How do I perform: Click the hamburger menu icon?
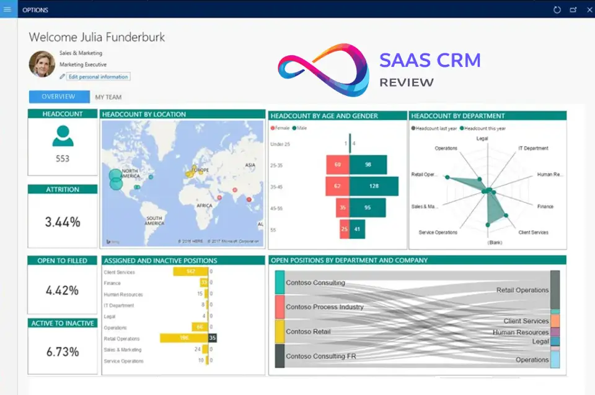click(x=7, y=9)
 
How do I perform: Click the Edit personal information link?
click(x=98, y=77)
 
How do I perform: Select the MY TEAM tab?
click(x=108, y=97)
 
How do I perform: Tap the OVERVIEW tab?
click(x=58, y=97)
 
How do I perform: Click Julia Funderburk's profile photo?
click(x=42, y=64)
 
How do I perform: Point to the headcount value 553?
click(x=63, y=158)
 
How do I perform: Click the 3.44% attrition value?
click(x=63, y=222)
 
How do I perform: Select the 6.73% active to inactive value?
click(x=63, y=352)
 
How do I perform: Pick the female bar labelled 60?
click(x=338, y=165)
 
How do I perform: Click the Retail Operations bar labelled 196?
click(x=183, y=339)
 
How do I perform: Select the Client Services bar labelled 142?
click(x=190, y=272)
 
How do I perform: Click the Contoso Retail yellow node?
click(x=280, y=331)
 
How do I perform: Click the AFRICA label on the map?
click(x=204, y=206)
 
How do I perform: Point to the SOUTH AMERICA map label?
click(x=154, y=221)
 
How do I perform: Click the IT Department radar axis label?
click(x=533, y=149)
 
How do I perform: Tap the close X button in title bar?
click(x=589, y=9)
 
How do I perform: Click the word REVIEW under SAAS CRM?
click(x=407, y=82)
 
